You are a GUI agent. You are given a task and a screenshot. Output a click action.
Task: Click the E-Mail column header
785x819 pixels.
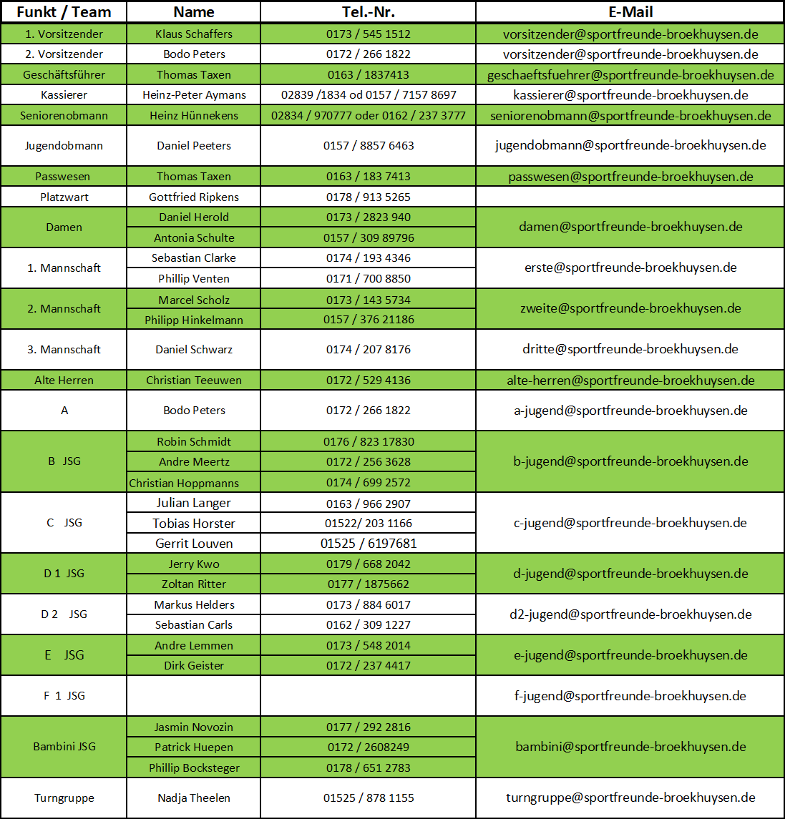(x=630, y=12)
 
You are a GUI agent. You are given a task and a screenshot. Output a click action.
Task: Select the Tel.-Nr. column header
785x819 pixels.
(x=368, y=12)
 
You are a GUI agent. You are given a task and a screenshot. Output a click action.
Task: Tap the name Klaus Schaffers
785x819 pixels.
(x=193, y=34)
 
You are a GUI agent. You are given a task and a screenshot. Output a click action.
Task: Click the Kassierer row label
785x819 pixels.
(x=64, y=95)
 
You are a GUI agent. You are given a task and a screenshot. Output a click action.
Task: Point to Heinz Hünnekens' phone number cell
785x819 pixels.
(x=368, y=116)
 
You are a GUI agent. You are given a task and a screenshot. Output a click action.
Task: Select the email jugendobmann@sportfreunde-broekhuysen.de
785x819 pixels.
(x=630, y=146)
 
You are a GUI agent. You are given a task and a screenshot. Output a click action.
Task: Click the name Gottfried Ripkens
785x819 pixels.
(x=193, y=197)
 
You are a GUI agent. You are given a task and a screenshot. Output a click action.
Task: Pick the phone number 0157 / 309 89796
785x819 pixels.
(x=368, y=238)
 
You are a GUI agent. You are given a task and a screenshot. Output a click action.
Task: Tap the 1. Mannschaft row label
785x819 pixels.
(x=64, y=268)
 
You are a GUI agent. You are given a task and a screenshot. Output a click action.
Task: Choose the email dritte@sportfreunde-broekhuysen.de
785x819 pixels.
(x=630, y=350)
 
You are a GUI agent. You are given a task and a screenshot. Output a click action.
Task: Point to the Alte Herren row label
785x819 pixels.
(x=64, y=381)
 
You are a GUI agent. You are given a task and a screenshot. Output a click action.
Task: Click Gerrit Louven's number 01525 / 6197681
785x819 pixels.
(x=368, y=544)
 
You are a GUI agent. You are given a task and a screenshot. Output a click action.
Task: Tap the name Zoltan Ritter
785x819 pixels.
(x=193, y=584)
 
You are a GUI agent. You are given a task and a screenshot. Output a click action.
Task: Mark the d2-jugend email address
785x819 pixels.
(x=630, y=614)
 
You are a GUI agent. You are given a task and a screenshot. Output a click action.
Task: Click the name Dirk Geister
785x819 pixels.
(x=193, y=666)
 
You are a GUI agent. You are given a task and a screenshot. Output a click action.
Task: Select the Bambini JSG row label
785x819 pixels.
(x=64, y=747)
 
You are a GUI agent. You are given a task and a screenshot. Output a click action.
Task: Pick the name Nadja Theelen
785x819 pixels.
(x=193, y=798)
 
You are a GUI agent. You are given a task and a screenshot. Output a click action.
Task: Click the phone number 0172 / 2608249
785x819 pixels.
(x=368, y=747)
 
